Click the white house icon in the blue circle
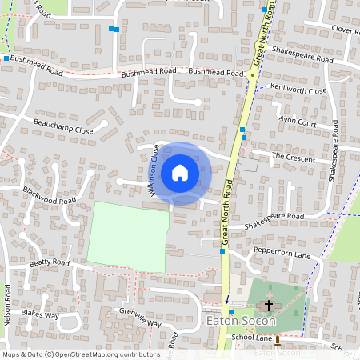(180, 172)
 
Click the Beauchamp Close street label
(63, 126)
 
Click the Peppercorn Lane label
(281, 254)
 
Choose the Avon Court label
(297, 122)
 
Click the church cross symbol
(269, 305)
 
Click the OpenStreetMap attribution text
(80, 354)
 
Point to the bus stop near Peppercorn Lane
(222, 251)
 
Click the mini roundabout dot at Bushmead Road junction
(251, 74)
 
